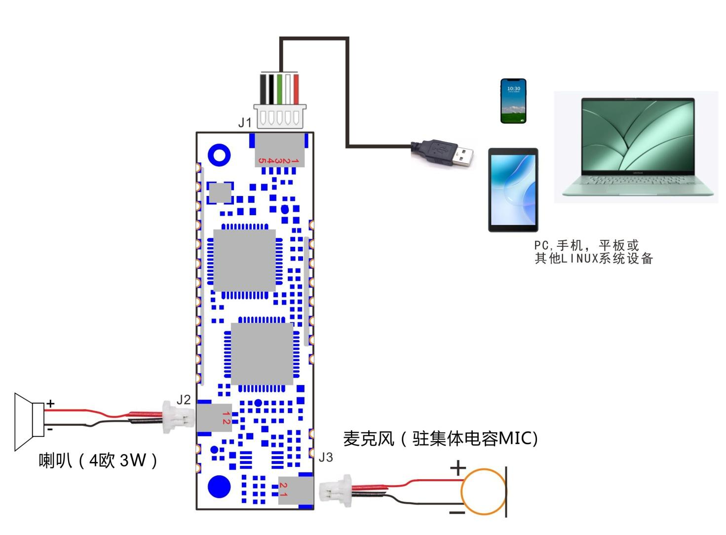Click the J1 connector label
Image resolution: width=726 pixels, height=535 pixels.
pyautogui.click(x=245, y=122)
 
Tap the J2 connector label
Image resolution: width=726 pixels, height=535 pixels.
pyautogui.click(x=184, y=400)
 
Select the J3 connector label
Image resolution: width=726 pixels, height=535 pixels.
pyautogui.click(x=326, y=458)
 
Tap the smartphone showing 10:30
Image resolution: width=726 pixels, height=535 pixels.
pyautogui.click(x=513, y=101)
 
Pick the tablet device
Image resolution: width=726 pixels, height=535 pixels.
pyautogui.click(x=513, y=190)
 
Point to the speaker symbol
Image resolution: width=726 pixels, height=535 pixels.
pyautogui.click(x=30, y=421)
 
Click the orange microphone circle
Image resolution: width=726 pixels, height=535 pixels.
pyautogui.click(x=483, y=492)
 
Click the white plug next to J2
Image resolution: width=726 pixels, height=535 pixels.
pyautogui.click(x=170, y=417)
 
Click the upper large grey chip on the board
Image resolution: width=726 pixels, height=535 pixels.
pyautogui.click(x=244, y=260)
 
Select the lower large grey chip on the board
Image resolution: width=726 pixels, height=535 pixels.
pyautogui.click(x=262, y=353)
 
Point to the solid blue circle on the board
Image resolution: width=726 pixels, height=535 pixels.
pyautogui.click(x=219, y=487)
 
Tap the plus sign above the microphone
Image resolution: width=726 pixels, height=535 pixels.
pyautogui.click(x=458, y=467)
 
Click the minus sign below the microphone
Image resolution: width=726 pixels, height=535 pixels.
pyautogui.click(x=457, y=512)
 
